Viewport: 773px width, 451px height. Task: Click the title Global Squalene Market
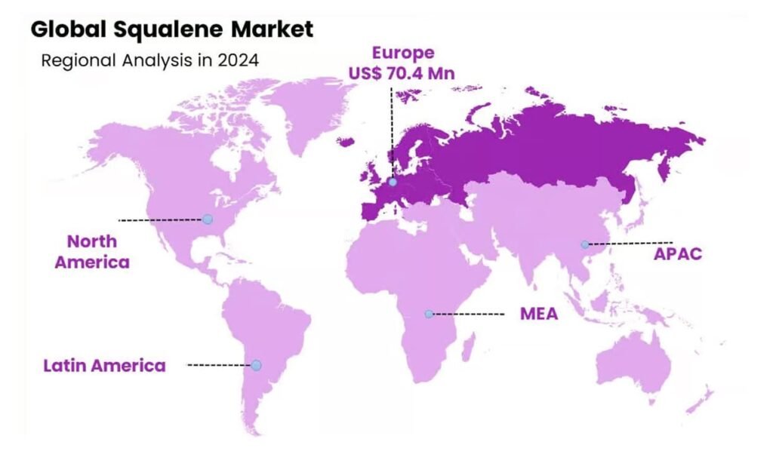(171, 29)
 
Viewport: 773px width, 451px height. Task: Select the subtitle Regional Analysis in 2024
(149, 60)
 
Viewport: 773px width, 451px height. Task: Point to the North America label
(92, 252)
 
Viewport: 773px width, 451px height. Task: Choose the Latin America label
(104, 366)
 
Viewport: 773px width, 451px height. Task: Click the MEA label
(538, 314)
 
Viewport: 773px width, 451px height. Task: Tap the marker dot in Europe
(393, 182)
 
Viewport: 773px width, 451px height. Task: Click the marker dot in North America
(208, 219)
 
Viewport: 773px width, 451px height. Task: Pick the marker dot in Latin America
(256, 365)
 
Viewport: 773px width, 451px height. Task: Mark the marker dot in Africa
(428, 314)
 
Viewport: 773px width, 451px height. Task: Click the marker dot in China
(584, 244)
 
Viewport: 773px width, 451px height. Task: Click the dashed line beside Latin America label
(219, 365)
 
